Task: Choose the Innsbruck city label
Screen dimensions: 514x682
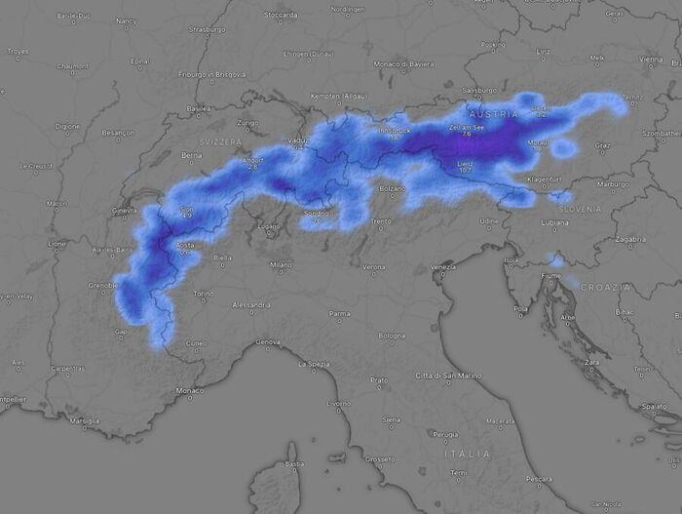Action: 395,130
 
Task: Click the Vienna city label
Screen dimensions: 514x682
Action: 652,59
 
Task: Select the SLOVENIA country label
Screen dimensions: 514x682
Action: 581,210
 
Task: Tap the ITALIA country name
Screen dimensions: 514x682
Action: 467,454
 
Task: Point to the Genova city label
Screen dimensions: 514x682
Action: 267,342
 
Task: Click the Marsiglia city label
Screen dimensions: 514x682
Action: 86,420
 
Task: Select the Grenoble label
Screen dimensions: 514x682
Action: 102,286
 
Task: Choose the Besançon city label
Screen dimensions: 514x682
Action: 117,132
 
